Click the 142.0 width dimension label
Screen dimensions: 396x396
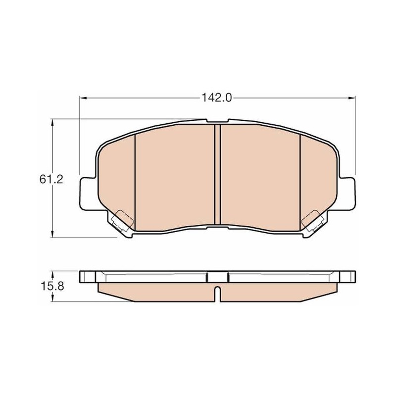point(216,98)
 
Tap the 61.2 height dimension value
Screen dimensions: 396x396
point(51,179)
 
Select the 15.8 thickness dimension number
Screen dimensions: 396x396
point(52,286)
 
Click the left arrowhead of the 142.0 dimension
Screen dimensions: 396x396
point(83,98)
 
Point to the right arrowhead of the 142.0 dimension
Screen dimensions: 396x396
point(352,98)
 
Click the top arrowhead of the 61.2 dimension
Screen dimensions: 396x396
point(52,123)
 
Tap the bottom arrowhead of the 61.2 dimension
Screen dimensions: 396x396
point(52,234)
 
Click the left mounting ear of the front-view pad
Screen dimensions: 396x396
point(89,194)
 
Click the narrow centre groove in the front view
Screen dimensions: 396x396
point(217,175)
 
